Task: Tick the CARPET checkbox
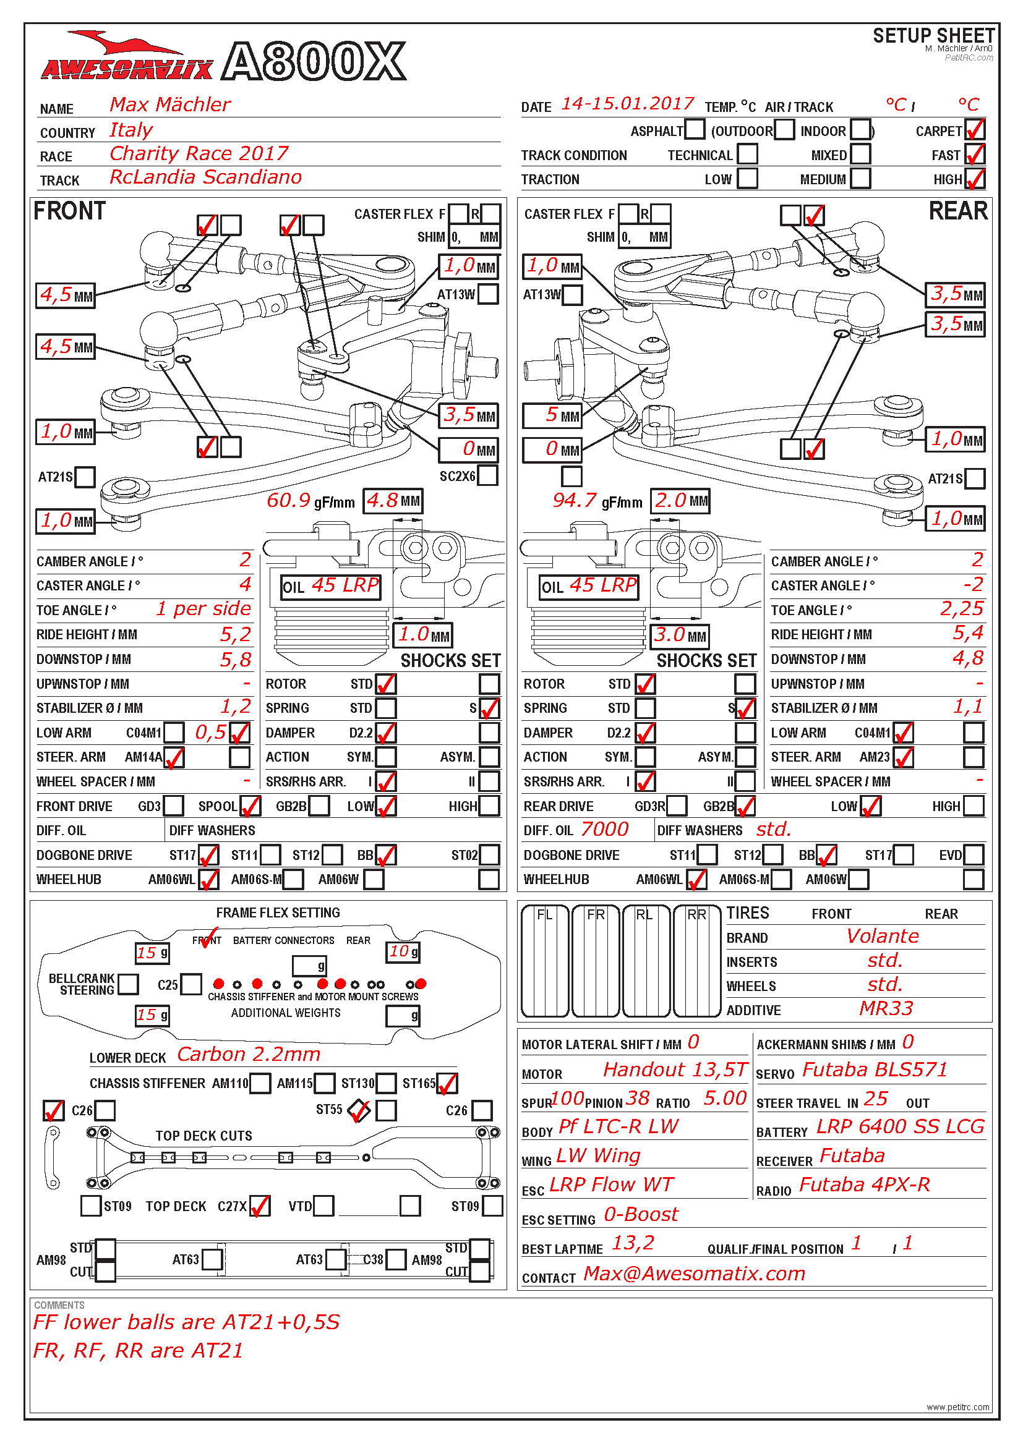(x=974, y=130)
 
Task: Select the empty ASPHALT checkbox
(x=694, y=129)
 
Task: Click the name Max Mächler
(x=170, y=104)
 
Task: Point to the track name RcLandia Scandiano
(x=205, y=177)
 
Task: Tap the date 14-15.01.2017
(x=627, y=104)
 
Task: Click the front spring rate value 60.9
(x=288, y=501)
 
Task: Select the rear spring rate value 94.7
(x=574, y=501)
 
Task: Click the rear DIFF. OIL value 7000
(x=604, y=830)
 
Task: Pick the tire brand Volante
(x=882, y=937)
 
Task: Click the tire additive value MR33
(x=886, y=1009)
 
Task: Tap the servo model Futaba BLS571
(x=875, y=1070)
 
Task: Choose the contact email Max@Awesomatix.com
(x=694, y=1274)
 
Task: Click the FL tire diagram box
(x=545, y=961)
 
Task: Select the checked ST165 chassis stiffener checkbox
(x=447, y=1083)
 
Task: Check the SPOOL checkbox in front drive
(x=250, y=806)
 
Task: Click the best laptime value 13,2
(x=633, y=1243)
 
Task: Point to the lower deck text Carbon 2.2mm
(x=249, y=1054)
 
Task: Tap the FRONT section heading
(x=69, y=211)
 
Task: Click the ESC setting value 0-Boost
(x=641, y=1214)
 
